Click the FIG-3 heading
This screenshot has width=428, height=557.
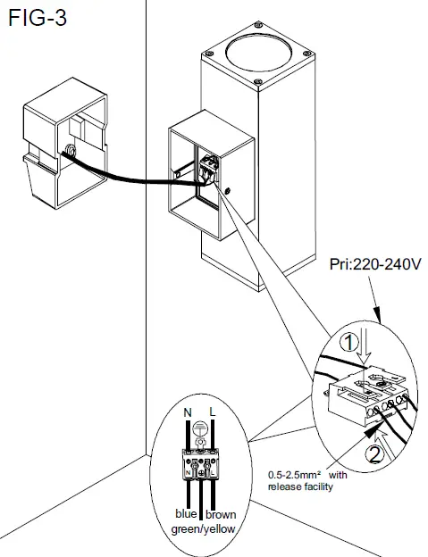(35, 18)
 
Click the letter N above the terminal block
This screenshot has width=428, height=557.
(185, 413)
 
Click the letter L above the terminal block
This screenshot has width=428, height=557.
(213, 413)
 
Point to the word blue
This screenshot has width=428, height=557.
(187, 514)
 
